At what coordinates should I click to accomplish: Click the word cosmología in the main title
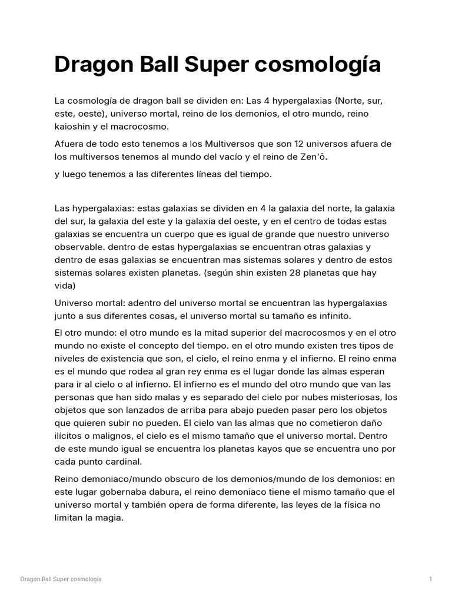[314, 65]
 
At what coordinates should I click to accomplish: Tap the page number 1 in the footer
[431, 579]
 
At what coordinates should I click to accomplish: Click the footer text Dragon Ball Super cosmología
[61, 579]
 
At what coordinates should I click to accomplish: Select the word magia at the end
[109, 518]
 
